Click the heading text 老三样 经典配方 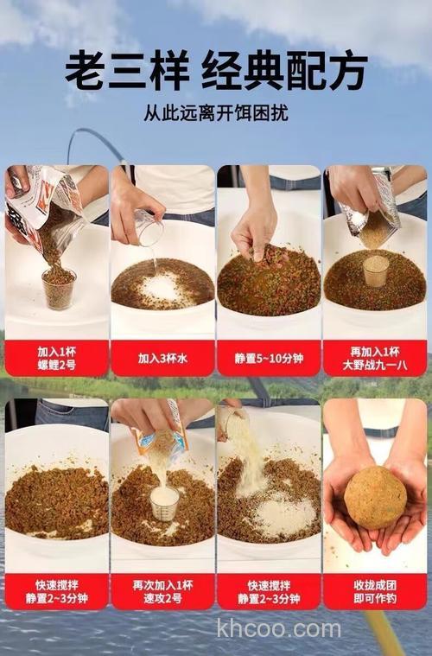216,70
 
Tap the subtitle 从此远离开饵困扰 216,113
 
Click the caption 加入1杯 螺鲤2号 57,358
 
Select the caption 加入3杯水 162,358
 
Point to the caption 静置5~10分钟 269,358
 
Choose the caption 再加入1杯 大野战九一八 375,358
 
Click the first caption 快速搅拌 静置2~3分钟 57,591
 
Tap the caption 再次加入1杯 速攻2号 162,591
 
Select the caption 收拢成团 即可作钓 375,591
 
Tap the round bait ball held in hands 375,497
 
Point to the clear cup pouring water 149,229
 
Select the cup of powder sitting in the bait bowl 375,271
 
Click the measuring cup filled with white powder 164,501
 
